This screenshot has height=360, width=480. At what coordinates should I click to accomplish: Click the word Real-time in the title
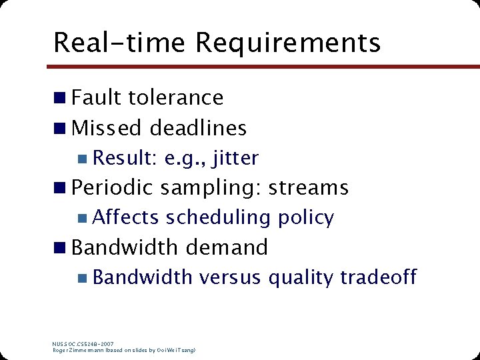coord(120,42)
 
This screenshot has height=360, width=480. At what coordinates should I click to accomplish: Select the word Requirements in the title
coord(288,42)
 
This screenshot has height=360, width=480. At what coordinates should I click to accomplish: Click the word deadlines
coord(198,127)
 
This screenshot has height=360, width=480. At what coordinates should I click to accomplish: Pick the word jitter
coord(232,158)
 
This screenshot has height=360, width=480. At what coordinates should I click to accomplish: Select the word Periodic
coord(113,188)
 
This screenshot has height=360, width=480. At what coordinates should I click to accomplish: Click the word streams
coord(308,188)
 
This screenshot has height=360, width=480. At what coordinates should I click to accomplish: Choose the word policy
coord(306,218)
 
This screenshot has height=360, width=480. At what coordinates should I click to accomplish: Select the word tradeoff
coord(378,277)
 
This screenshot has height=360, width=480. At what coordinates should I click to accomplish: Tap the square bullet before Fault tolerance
coord(60,98)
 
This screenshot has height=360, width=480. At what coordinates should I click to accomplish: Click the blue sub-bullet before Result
coord(81,159)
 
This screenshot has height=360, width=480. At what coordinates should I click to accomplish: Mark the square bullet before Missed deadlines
coord(60,128)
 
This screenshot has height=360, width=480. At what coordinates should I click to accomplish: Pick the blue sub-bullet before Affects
coord(81,218)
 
